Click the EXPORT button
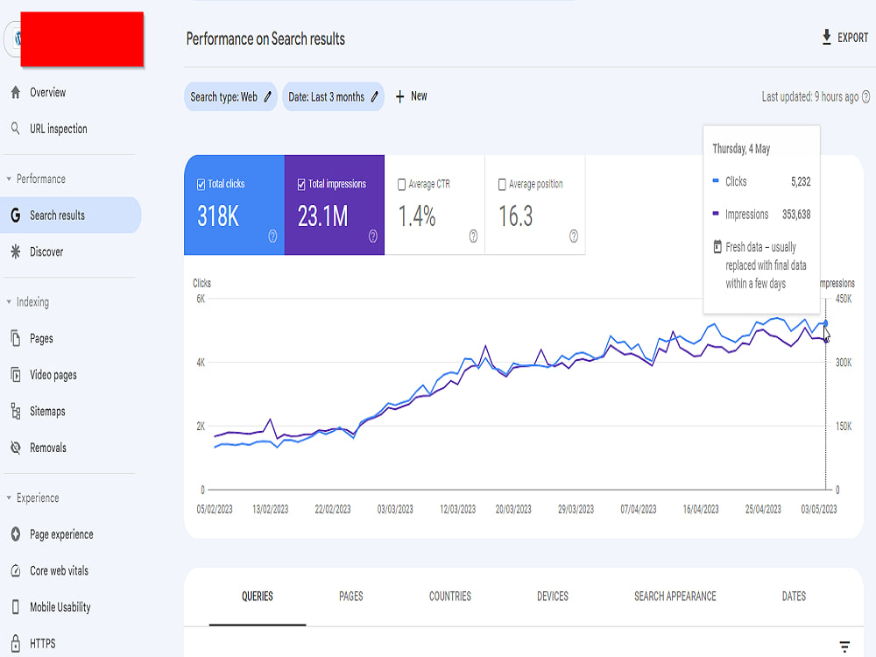[844, 38]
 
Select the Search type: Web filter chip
[230, 96]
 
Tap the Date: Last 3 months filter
[333, 96]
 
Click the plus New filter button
[411, 96]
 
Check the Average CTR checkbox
[401, 184]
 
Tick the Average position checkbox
[502, 184]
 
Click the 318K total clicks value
[218, 216]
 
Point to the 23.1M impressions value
[323, 216]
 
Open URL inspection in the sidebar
[58, 129]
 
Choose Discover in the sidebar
[46, 252]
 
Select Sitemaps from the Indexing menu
[47, 412]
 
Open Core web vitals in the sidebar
[59, 571]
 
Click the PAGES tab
[351, 597]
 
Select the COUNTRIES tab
[450, 597]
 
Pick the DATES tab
[794, 597]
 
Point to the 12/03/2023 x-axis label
[457, 510]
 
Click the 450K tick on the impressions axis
[844, 299]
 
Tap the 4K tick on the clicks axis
[201, 363]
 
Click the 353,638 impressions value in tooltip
[796, 215]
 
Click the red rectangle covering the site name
[82, 39]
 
